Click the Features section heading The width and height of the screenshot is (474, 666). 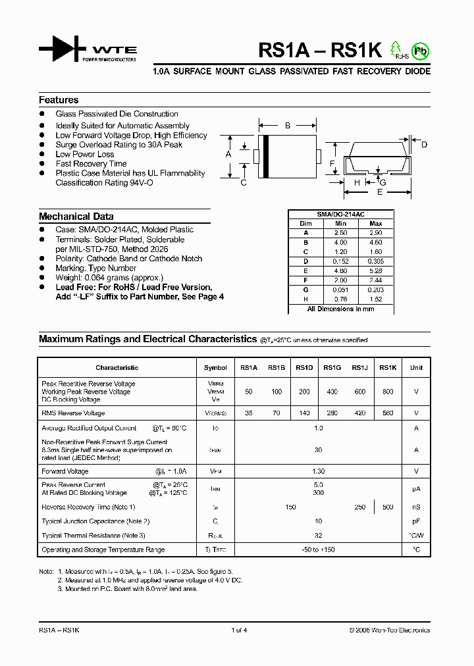pos(59,100)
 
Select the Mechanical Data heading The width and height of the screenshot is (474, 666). pos(76,217)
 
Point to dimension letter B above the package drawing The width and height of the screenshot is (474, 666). pos(288,125)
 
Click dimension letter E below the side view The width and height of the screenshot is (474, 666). pos(380,193)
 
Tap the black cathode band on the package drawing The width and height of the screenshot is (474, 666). pos(267,157)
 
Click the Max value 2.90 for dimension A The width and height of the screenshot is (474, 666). pos(376,234)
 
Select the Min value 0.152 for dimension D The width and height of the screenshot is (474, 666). pos(340,261)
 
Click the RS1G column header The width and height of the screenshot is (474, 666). pos(332,368)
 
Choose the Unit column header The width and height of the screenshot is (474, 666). pos(416,368)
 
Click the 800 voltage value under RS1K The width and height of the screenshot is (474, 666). pos(388,392)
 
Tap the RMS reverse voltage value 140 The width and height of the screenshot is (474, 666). pos(304,413)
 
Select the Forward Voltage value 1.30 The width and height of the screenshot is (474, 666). pos(319,471)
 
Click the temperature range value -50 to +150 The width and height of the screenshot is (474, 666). pos(319,550)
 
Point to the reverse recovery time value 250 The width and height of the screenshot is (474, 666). pos(359,507)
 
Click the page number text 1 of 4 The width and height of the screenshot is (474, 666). pos(239,630)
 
